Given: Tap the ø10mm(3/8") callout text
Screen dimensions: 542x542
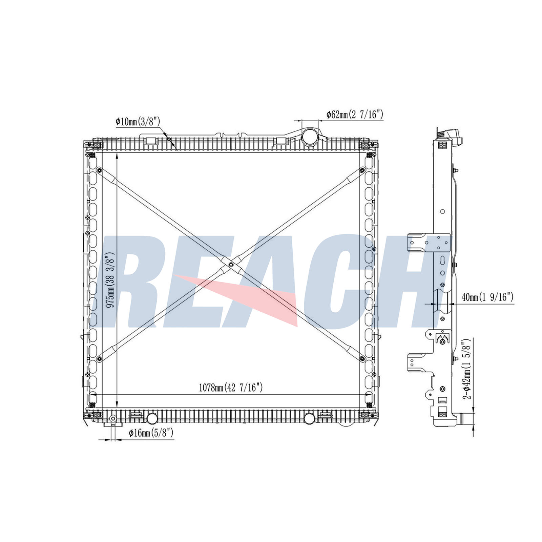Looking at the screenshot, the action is click(x=138, y=121).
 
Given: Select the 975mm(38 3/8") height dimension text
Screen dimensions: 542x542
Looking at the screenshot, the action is click(x=110, y=280).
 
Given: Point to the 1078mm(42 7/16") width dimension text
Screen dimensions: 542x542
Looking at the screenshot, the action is click(x=231, y=388).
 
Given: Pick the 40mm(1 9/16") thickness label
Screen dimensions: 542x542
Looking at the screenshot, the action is click(x=487, y=297).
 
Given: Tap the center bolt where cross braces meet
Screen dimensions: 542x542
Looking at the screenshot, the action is click(x=231, y=265).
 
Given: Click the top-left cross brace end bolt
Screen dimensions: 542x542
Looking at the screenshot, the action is click(x=99, y=170).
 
